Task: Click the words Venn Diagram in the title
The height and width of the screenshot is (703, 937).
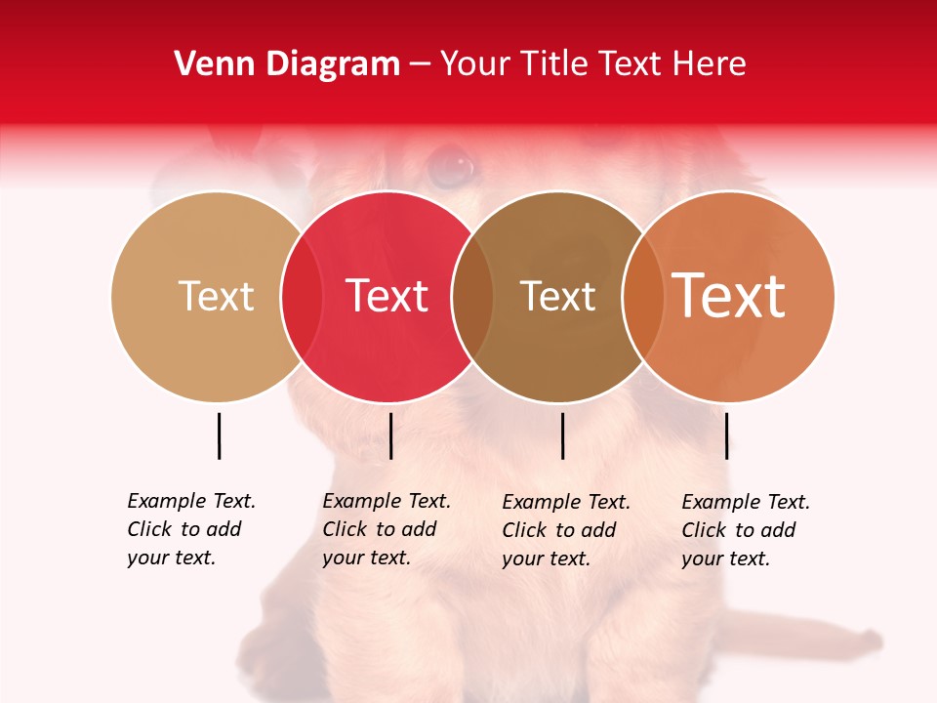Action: click(x=287, y=64)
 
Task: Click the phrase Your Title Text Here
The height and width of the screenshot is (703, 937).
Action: click(x=592, y=64)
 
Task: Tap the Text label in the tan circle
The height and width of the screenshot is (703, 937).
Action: click(x=216, y=296)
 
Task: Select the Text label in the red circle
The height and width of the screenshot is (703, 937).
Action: click(x=387, y=296)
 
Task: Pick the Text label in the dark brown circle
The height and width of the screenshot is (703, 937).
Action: click(x=557, y=296)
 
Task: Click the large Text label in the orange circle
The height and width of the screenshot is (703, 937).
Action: click(x=728, y=295)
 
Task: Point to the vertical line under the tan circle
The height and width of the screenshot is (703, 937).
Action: click(x=219, y=435)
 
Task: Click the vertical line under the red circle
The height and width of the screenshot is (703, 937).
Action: click(x=390, y=435)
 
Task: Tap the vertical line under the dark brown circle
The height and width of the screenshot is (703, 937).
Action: click(x=562, y=435)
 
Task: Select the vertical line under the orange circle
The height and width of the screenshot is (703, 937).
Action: click(x=726, y=435)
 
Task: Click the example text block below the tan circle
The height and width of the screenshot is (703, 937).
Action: click(x=191, y=529)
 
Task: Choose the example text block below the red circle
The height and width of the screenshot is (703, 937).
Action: click(x=387, y=529)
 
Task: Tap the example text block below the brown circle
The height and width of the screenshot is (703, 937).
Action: click(x=566, y=530)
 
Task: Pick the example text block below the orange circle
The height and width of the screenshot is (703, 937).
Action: click(x=746, y=530)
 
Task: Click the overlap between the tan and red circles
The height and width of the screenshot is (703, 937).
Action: click(x=302, y=296)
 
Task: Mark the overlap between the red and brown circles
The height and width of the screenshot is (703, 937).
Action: click(x=472, y=296)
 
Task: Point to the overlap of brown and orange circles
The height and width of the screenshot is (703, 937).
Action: click(x=642, y=296)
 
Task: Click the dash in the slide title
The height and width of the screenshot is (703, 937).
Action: click(x=420, y=65)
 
